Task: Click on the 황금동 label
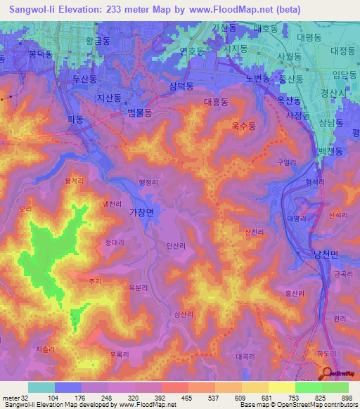tap(98, 41)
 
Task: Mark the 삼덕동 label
tap(182, 86)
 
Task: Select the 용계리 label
tap(75, 181)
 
